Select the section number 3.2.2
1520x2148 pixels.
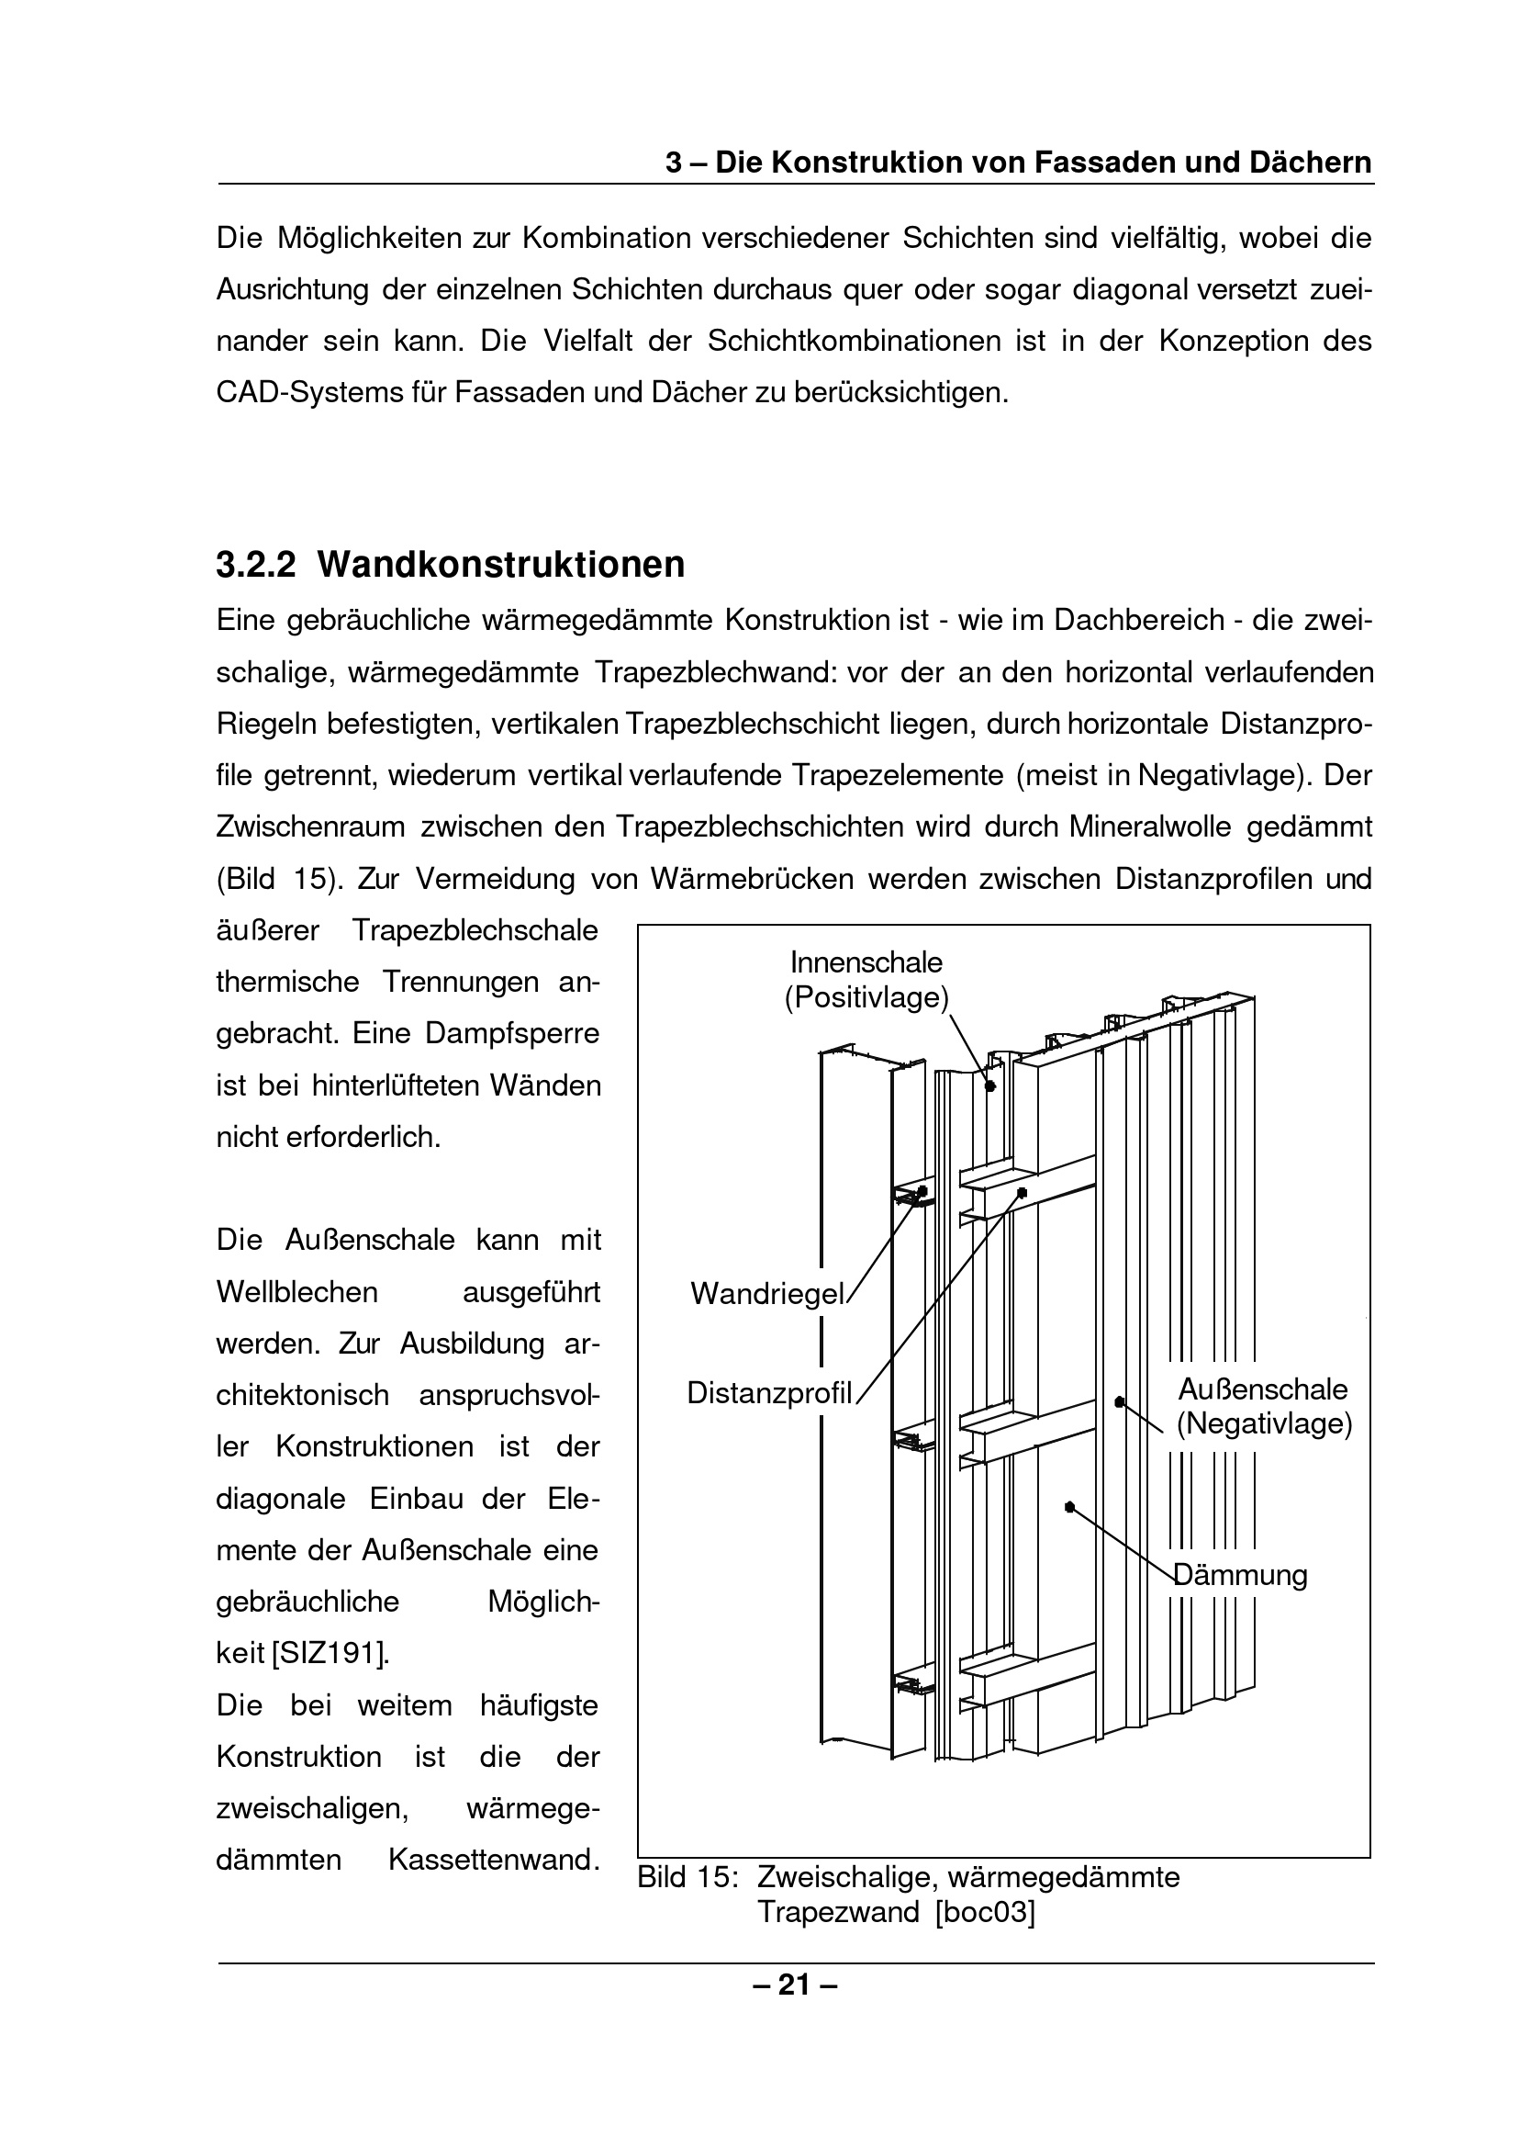(255, 565)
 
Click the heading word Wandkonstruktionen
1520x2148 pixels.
(501, 565)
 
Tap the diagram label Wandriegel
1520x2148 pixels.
(767, 1294)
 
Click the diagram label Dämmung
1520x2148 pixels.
(1241, 1575)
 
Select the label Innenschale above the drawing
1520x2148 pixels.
(866, 962)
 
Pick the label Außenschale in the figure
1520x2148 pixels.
(1263, 1389)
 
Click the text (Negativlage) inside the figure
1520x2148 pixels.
(1265, 1425)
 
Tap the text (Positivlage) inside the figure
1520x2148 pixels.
(866, 998)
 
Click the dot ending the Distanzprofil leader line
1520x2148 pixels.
(1021, 1193)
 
